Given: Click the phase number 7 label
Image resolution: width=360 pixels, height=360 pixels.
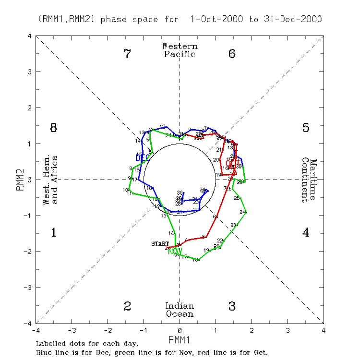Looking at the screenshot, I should [127, 54].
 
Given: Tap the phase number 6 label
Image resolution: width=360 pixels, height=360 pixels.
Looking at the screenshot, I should [232, 54].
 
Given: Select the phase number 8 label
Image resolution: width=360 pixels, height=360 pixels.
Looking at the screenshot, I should [54, 128].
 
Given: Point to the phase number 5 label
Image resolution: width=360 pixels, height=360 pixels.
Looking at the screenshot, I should [306, 128].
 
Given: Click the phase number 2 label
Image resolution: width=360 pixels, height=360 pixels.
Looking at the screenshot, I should [127, 306].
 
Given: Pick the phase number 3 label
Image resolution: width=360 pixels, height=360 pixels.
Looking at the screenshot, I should [232, 306].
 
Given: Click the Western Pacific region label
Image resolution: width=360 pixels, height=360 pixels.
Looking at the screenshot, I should [180, 50].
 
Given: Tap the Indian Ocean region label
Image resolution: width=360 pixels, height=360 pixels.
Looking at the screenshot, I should [180, 310].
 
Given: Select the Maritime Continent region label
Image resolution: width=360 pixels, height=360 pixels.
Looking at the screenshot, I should [310, 180].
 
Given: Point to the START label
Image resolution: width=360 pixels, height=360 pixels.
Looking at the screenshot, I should [160, 244].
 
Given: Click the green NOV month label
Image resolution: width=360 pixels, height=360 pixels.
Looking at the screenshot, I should [175, 251].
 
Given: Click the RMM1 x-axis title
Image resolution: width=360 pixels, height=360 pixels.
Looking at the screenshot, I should [180, 340].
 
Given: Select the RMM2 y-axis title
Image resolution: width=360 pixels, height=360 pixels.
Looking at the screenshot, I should [20, 180].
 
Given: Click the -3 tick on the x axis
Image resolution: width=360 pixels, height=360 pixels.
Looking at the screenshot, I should [72, 331].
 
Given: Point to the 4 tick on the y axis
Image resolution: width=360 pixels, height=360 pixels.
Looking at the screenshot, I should [30, 36].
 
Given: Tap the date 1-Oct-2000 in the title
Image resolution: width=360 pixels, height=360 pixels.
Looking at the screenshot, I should [217, 19].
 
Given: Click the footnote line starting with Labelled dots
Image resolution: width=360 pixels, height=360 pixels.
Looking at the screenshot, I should [87, 344].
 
